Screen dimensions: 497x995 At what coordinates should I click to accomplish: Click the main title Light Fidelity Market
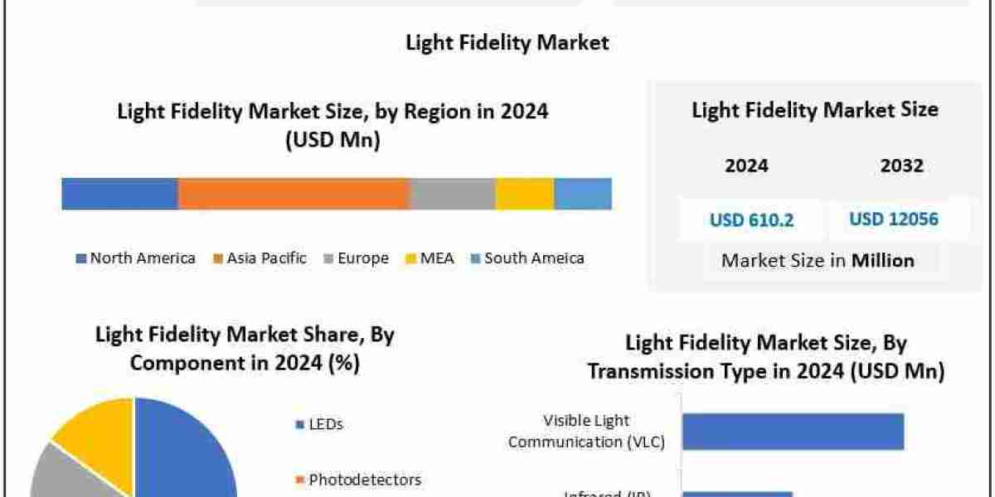coord(507,42)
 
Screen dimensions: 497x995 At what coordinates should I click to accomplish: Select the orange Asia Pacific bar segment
coord(294,193)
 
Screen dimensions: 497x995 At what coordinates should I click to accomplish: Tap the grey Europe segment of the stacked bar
coord(453,193)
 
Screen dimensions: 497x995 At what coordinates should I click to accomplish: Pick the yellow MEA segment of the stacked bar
coord(524,193)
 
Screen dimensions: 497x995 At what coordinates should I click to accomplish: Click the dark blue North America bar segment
coord(119,193)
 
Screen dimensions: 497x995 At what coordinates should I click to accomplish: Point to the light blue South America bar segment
coord(583,193)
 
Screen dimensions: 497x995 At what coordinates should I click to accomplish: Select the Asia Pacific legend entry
coord(260,258)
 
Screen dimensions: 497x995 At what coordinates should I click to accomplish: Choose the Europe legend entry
coord(356,258)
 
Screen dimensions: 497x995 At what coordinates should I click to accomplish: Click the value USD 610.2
coord(751,220)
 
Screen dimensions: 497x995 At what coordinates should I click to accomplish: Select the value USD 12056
coord(893,220)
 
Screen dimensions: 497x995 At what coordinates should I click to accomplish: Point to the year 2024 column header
coord(746,166)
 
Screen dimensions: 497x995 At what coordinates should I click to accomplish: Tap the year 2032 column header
coord(901,166)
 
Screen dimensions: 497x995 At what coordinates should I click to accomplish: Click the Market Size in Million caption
coord(818,260)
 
